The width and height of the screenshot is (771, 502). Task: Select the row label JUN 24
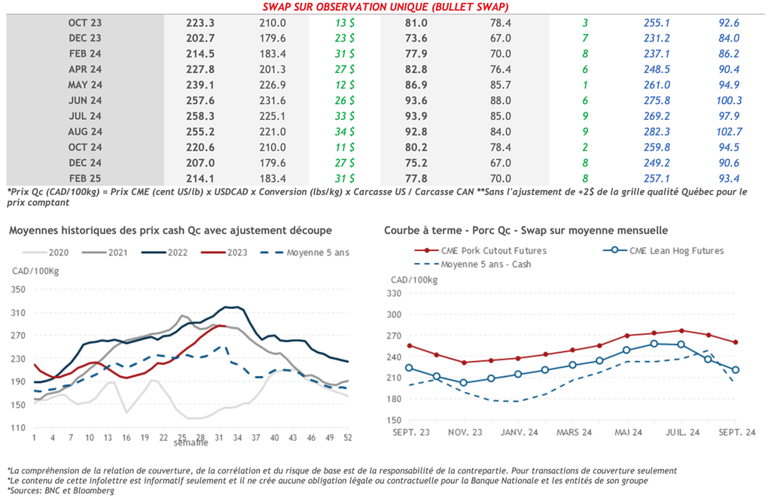pos(84,100)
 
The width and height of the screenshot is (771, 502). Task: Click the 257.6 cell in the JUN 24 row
pos(201,100)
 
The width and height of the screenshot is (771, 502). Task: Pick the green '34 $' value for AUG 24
pos(346,131)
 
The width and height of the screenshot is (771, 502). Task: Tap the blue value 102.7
pos(728,131)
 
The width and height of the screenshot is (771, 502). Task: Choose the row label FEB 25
pos(84,178)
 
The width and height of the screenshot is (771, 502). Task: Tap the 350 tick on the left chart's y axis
pos(18,289)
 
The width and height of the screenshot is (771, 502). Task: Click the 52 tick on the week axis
pos(347,438)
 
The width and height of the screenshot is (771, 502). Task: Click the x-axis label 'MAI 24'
pos(628,433)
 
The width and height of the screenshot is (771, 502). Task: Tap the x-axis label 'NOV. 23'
pos(465,433)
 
